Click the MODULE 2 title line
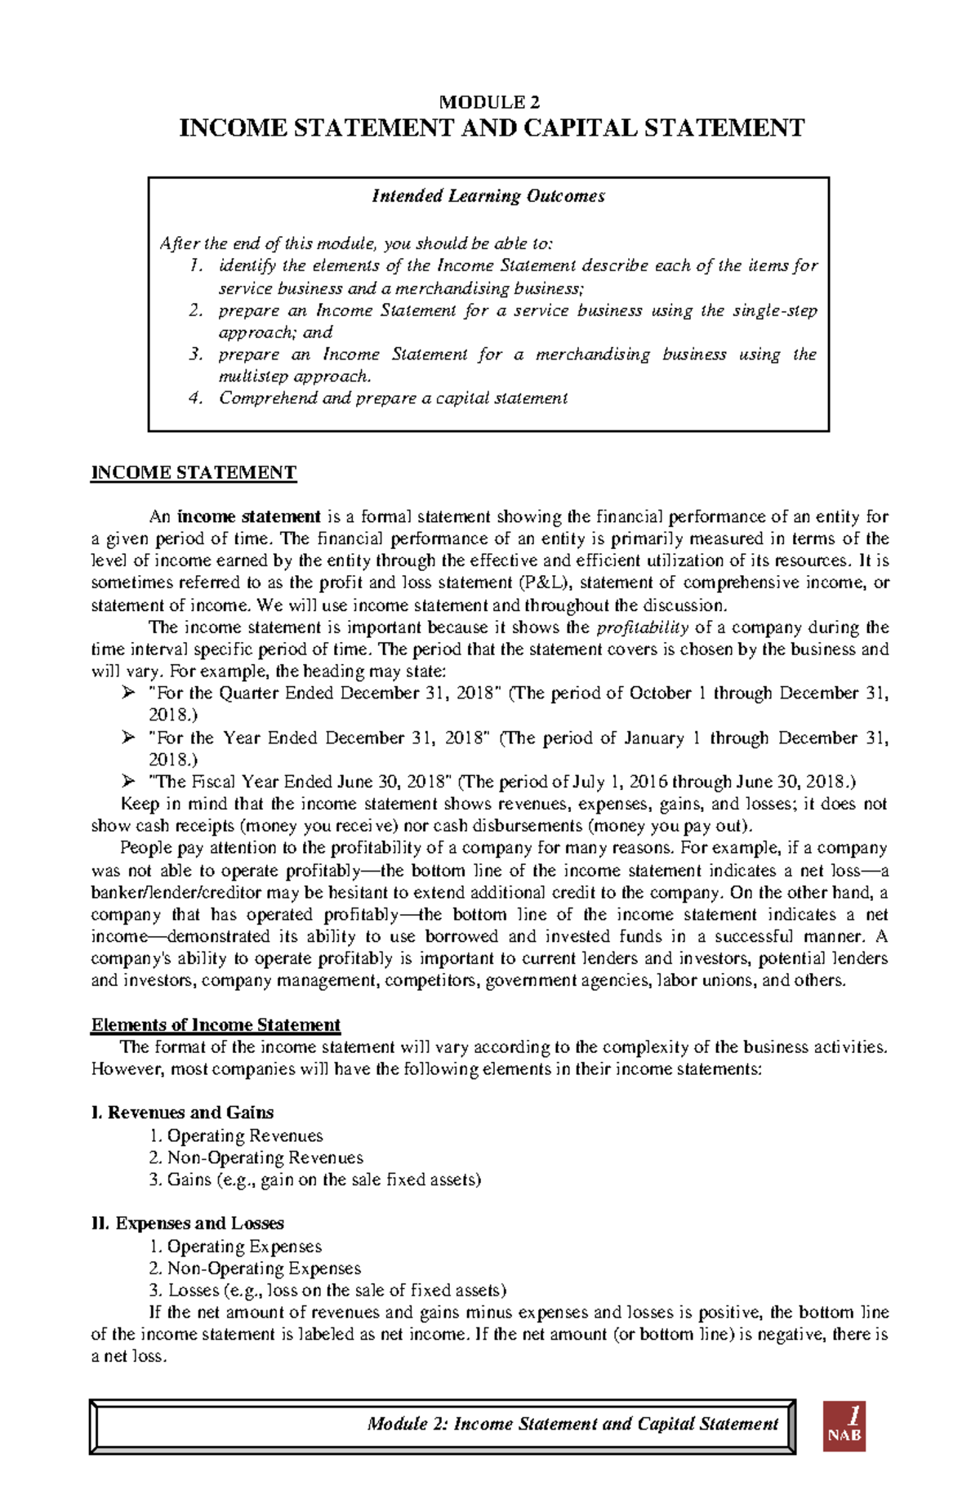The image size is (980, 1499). point(489,103)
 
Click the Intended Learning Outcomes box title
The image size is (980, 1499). point(488,196)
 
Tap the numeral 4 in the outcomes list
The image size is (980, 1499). point(194,399)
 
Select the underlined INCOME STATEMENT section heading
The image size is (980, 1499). point(194,473)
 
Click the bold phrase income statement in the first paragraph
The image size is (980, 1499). point(249,517)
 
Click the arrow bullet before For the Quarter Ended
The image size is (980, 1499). point(128,694)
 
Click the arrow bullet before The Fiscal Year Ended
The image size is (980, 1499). point(128,782)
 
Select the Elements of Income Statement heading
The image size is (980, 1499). point(216,1025)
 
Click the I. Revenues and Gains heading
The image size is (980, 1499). point(182,1113)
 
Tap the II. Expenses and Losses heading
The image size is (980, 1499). point(188,1224)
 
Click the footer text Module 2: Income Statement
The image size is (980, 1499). point(572,1424)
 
